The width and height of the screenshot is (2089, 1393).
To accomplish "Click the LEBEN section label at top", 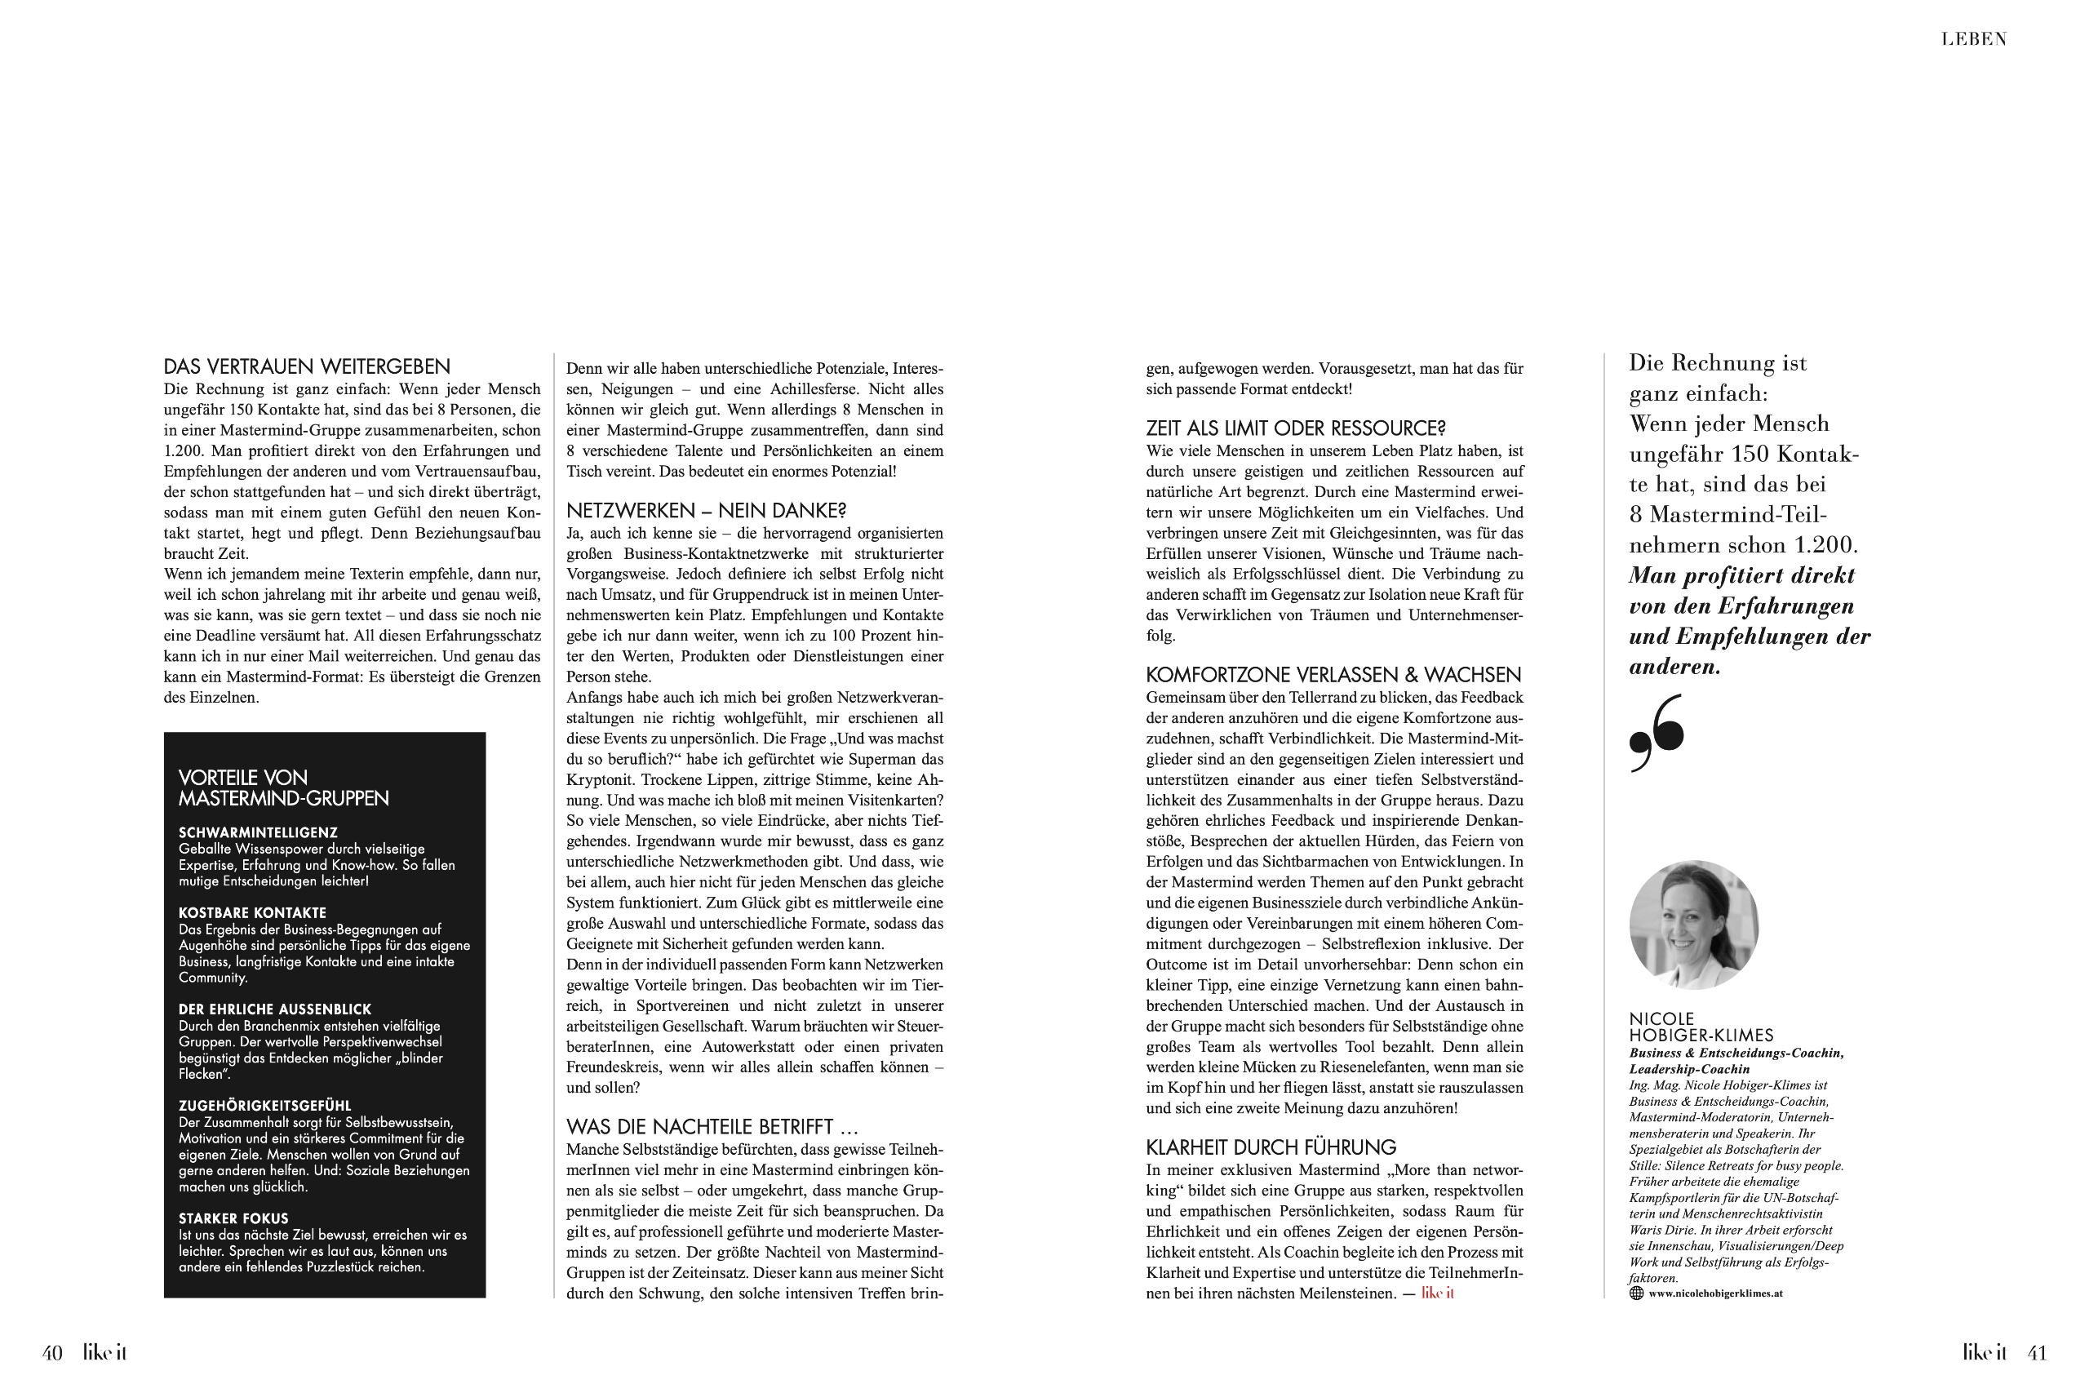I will point(1974,39).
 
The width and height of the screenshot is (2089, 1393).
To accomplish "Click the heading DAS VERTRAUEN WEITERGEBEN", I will point(307,367).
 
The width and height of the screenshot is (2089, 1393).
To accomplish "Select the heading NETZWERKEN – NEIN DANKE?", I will point(706,511).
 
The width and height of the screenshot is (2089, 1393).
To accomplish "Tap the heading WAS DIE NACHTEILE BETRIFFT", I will point(712,1127).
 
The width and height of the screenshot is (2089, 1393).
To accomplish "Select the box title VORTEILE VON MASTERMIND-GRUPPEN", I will point(283,788).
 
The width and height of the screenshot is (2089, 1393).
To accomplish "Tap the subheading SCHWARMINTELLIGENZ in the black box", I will point(258,833).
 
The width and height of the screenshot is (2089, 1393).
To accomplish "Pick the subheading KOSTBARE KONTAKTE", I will point(252,913).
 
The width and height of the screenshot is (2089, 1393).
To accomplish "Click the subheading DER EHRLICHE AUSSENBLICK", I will point(274,1010).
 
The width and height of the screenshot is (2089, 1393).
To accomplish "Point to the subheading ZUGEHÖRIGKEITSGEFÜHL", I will point(264,1107).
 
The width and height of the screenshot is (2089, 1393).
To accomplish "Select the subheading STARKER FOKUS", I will point(233,1219).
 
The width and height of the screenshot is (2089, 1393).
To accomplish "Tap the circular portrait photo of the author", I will point(1694,925).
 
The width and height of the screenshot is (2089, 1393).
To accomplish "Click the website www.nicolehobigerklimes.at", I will point(1715,1294).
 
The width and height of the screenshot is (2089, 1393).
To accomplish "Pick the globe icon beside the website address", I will point(1636,1293).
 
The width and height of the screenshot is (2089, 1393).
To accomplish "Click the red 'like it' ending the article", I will point(1437,1293).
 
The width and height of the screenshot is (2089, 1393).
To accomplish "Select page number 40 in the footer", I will point(52,1353).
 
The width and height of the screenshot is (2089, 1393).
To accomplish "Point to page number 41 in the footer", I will point(2037,1353).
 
